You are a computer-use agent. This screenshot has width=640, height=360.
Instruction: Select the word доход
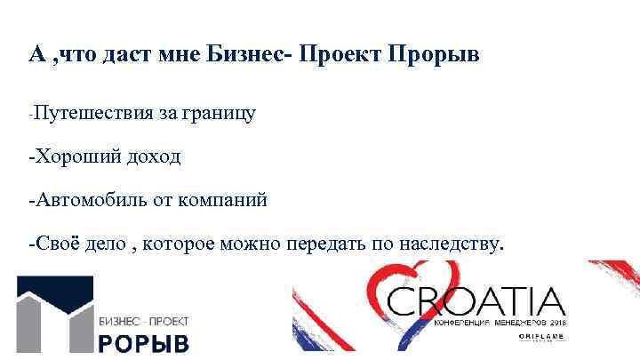pos(156,157)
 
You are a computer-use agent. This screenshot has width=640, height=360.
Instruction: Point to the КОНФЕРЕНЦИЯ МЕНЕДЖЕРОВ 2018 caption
pos(500,322)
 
